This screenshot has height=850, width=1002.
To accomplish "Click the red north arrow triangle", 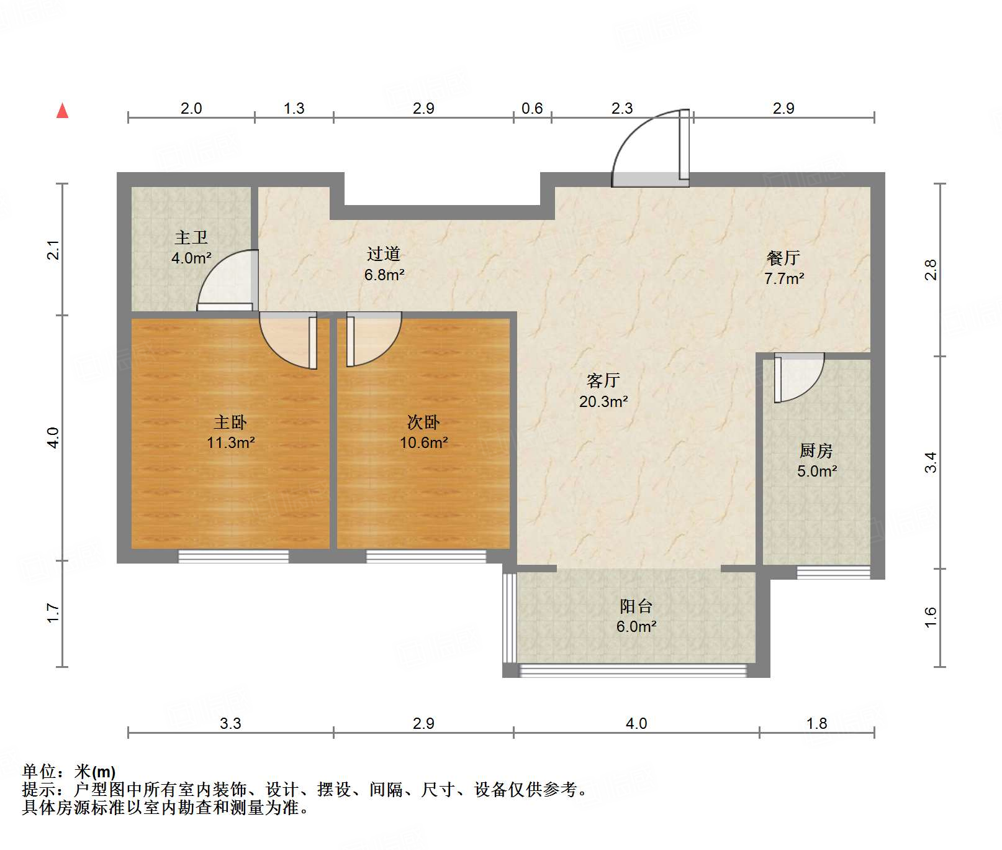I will pyautogui.click(x=62, y=111).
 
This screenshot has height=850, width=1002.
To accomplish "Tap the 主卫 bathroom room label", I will pyautogui.click(x=191, y=237).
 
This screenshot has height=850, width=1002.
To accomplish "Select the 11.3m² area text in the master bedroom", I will pyautogui.click(x=231, y=443).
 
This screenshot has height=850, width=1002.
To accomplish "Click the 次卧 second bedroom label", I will pyautogui.click(x=423, y=423).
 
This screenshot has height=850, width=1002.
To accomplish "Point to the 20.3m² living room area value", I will pyautogui.click(x=603, y=402).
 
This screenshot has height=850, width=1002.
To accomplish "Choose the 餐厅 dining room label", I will pyautogui.click(x=783, y=258).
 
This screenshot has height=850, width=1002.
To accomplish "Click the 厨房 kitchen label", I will pyautogui.click(x=816, y=450).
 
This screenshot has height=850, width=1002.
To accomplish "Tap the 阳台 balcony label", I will pyautogui.click(x=636, y=606).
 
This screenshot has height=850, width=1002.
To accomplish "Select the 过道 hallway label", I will pyautogui.click(x=384, y=254).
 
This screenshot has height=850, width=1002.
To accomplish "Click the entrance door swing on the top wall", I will pyautogui.click(x=649, y=149).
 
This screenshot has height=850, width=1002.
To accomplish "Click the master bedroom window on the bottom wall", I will pyautogui.click(x=233, y=557).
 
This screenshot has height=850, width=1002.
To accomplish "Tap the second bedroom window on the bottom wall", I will pyautogui.click(x=426, y=557).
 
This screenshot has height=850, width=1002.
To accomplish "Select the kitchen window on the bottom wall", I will pyautogui.click(x=833, y=572).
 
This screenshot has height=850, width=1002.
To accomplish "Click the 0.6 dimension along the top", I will pyautogui.click(x=532, y=109).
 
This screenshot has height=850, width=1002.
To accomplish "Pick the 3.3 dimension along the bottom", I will pyautogui.click(x=230, y=723).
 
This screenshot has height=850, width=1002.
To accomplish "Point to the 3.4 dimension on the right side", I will pyautogui.click(x=930, y=462).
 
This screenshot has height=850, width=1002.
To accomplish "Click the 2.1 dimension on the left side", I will pyautogui.click(x=54, y=250).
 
